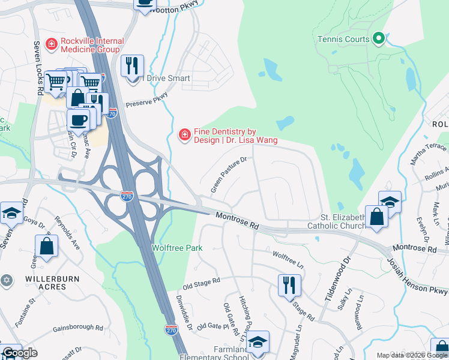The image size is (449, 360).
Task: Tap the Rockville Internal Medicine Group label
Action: (92, 46)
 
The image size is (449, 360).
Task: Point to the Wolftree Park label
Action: (176, 248)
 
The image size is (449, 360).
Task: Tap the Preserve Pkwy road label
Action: (146, 98)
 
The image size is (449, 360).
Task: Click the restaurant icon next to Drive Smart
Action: (132, 65)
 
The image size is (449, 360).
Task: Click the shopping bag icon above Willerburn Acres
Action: (46, 245)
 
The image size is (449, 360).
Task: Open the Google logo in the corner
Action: (20, 353)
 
